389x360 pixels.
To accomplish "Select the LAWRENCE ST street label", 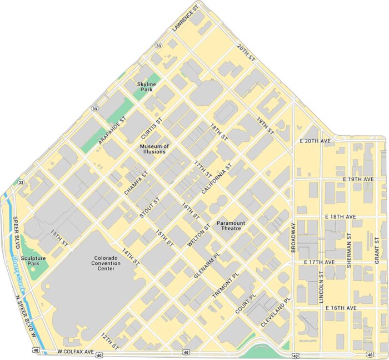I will [x=186, y=18].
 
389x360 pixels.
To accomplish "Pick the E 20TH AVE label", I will [x=315, y=141].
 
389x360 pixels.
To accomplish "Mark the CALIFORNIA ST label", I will [x=216, y=177].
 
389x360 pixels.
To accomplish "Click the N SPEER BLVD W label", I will [x=25, y=316].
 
